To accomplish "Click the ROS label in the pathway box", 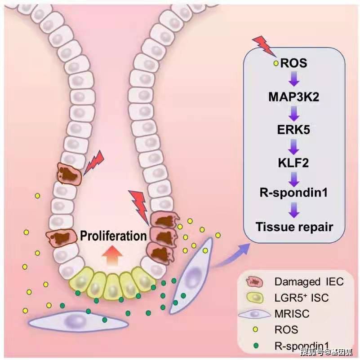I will pyautogui.click(x=293, y=63).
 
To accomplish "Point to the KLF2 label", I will pyautogui.click(x=294, y=162).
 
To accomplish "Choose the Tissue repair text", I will pyautogui.click(x=294, y=226).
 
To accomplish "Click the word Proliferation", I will pyautogui.click(x=113, y=236).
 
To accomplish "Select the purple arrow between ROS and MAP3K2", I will pyautogui.click(x=294, y=80).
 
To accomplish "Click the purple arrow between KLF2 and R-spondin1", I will pyautogui.click(x=294, y=178).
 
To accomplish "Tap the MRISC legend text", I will pyautogui.click(x=290, y=314).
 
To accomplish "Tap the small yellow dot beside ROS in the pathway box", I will pyautogui.click(x=276, y=64).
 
